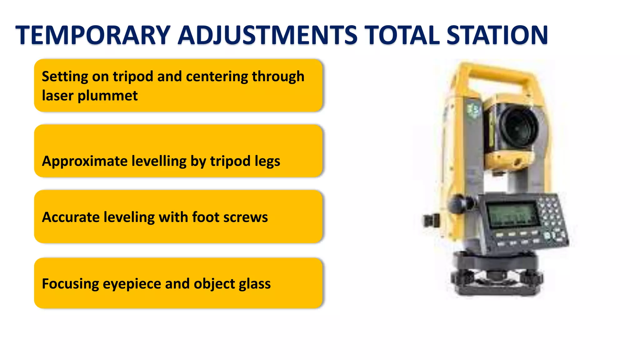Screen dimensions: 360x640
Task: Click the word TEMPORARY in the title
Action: click(x=93, y=35)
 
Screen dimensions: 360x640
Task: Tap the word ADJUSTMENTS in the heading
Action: click(x=267, y=35)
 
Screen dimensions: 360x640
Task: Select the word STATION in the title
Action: click(x=497, y=35)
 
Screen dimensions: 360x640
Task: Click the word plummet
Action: click(x=107, y=96)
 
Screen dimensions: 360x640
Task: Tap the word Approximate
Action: click(x=85, y=161)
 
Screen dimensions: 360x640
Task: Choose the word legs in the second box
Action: click(x=267, y=161)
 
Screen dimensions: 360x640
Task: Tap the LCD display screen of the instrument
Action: click(x=512, y=215)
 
